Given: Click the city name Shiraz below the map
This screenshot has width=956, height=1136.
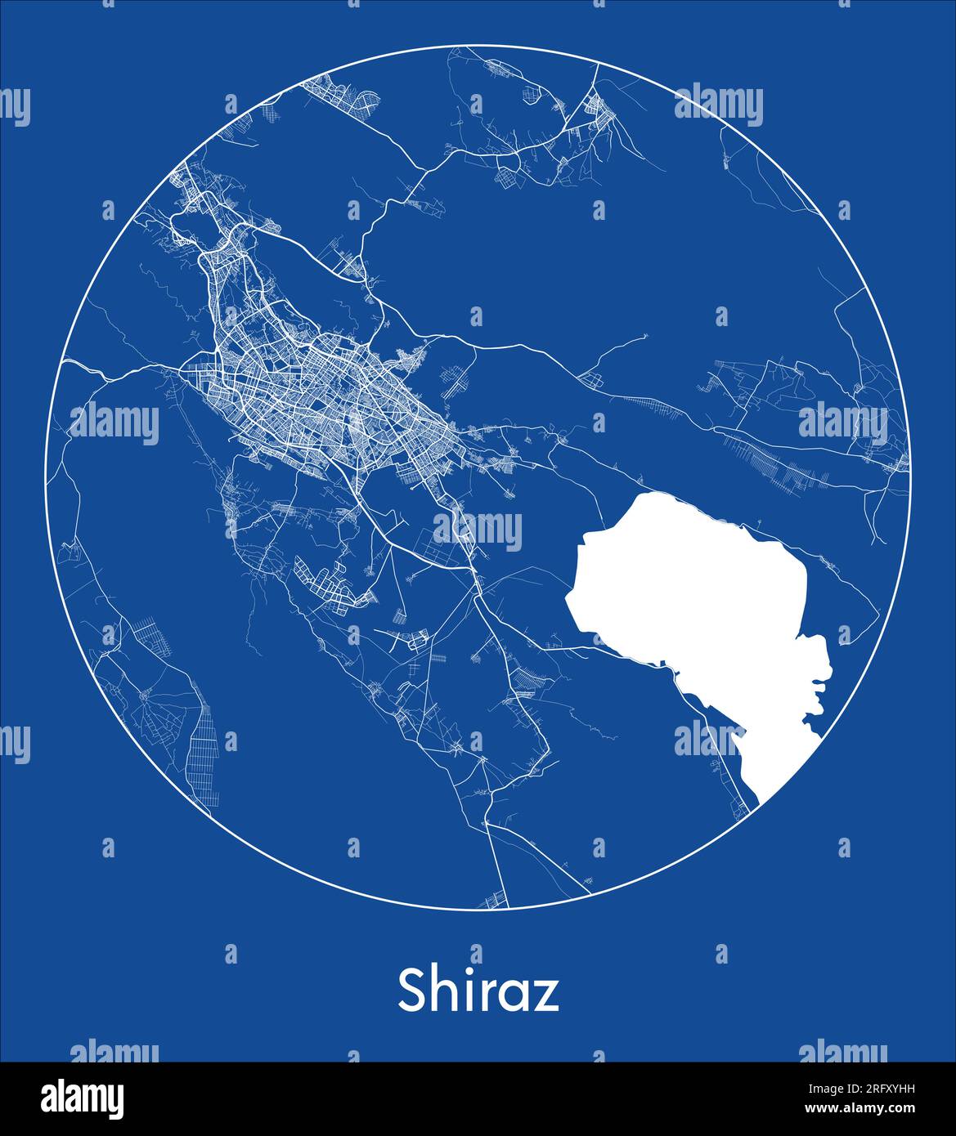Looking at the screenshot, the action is coord(478,991).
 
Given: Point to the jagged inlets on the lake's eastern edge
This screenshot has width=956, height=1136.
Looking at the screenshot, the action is coord(818,687).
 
